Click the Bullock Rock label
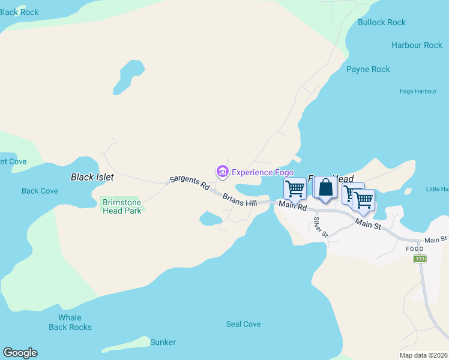382,23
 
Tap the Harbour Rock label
417,46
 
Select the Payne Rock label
368,70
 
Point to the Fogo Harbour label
418,91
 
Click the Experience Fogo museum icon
223,172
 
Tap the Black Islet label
92,178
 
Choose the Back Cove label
40,191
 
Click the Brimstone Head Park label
121,206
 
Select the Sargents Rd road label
188,182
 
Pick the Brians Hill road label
240,200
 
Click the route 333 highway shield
420,259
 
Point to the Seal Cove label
243,324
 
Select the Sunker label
163,343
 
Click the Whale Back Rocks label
70,322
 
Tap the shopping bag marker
325,188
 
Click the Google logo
20,353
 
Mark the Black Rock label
19,12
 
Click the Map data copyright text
423,355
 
